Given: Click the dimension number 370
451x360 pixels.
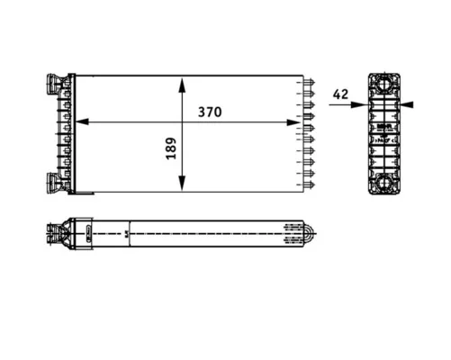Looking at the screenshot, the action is click(210, 112).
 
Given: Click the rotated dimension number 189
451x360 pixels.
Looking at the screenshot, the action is click(171, 148).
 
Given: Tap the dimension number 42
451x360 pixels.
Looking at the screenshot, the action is click(340, 94).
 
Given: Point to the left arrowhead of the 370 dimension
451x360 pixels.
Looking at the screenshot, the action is click(82, 122).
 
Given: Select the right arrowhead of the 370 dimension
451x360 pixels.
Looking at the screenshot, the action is click(293, 122).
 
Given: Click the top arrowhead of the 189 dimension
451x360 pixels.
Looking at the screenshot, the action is click(182, 85).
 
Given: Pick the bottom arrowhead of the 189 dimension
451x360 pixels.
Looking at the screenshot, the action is click(182, 183).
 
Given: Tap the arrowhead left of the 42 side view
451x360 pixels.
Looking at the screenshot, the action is click(360, 104).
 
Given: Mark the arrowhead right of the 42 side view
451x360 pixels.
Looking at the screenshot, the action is click(407, 104).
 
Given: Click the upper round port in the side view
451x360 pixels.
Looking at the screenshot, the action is click(384, 83).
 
